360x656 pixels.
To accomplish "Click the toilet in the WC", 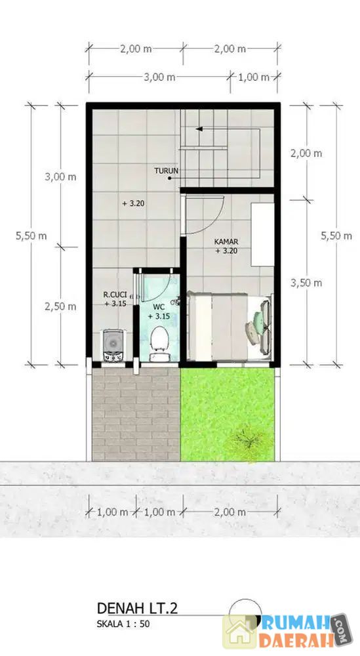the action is coord(159,344).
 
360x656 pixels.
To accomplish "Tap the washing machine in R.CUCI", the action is coord(113,346).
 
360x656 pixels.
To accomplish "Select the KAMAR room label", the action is coord(226,242).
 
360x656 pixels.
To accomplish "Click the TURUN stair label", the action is coord(167,171).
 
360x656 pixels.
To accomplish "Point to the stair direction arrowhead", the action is coord(199,129).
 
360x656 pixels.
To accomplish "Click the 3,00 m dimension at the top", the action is coord(159,77).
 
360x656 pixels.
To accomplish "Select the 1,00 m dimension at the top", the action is coord(254,77).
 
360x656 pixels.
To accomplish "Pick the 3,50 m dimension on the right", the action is coord(306,283).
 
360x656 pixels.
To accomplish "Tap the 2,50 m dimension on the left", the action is coord(60,306).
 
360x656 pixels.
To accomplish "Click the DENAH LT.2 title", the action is coord(137,608).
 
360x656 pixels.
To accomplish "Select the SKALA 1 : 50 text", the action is coord(123,624).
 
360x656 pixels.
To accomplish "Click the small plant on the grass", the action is coord(249,440).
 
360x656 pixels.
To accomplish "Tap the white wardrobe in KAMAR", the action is coord(262,234).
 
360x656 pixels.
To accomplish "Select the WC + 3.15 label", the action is coord(159,312).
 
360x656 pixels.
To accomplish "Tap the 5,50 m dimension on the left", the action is coord(31,236).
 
